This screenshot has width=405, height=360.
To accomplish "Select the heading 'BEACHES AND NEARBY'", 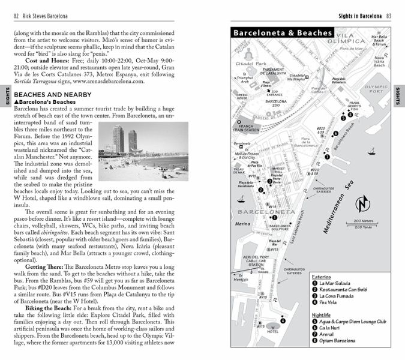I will [x=52, y=95].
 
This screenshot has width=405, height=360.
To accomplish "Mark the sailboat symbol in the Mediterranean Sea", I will [x=372, y=152].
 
